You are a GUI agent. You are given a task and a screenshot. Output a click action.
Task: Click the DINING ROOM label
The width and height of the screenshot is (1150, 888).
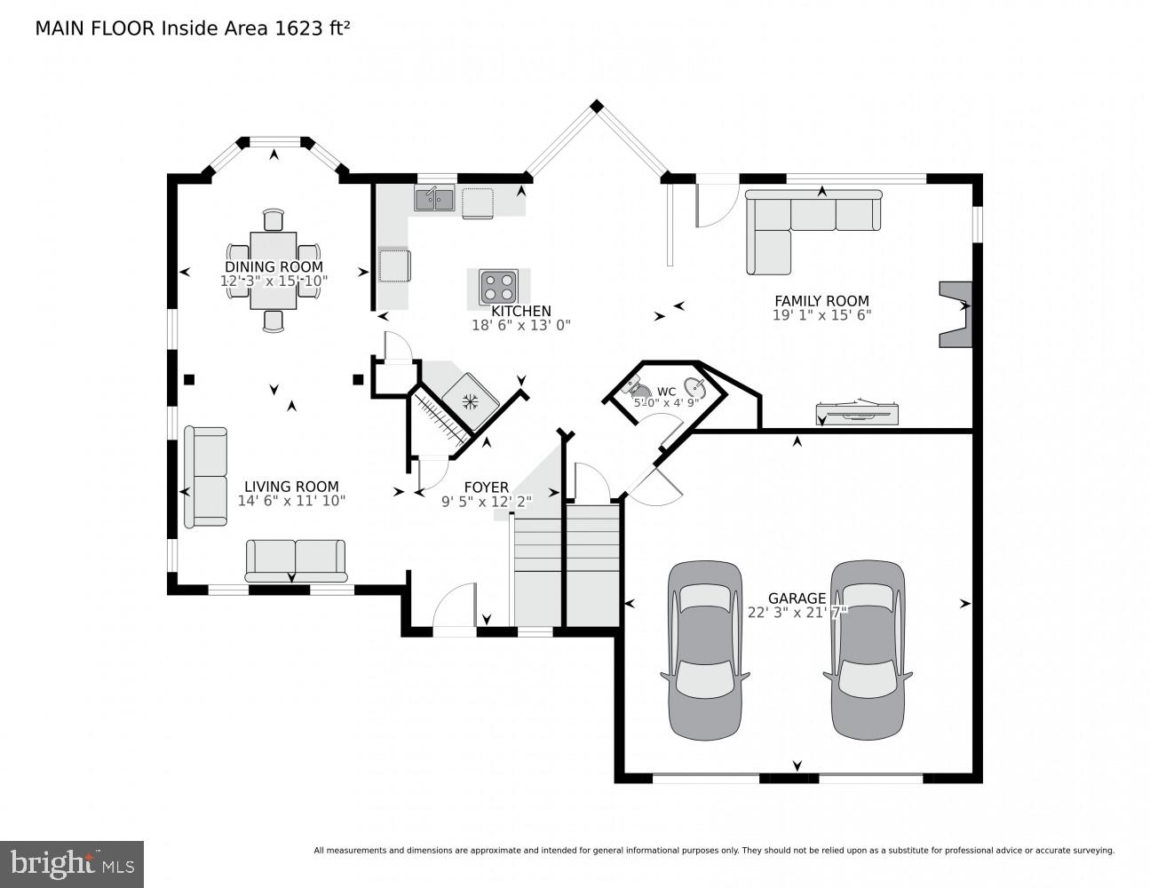coord(274,266)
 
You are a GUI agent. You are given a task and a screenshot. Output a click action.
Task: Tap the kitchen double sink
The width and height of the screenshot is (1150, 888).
coord(434,199)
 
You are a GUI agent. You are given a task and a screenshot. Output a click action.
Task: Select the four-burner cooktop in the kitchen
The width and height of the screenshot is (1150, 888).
coord(498,287)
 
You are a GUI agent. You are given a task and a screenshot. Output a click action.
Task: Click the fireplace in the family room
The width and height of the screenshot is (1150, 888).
coord(956,314)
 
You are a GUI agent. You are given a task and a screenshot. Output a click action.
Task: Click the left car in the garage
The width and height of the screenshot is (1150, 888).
coord(705,649)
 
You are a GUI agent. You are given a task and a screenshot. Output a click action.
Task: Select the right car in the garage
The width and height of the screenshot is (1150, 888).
coord(868,649)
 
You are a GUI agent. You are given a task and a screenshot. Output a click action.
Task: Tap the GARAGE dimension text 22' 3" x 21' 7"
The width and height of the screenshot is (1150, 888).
coord(797,612)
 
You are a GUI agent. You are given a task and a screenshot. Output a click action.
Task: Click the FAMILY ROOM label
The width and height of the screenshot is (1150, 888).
coord(821,301)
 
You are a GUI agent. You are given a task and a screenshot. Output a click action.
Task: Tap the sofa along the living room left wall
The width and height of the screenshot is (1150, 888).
coord(205,477)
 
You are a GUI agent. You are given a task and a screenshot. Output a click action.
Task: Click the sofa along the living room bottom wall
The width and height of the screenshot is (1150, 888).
coord(296,559)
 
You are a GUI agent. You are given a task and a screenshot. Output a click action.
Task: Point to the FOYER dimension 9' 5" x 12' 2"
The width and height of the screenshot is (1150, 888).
coord(487,502)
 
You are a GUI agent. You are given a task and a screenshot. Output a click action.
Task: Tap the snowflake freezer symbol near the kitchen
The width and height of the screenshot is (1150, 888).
coord(471,400)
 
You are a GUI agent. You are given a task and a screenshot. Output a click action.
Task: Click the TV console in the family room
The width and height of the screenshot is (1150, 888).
coord(858,412)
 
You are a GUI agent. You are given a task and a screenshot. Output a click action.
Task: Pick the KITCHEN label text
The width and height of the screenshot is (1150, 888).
coord(521,311)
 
